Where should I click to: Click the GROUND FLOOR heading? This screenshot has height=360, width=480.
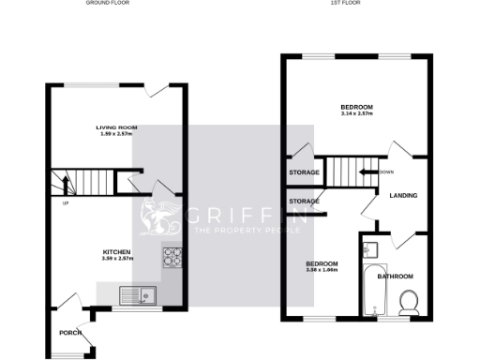[x=108, y=4]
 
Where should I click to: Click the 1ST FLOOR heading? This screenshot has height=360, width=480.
[x=345, y=4]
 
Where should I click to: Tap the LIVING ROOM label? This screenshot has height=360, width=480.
[x=117, y=127]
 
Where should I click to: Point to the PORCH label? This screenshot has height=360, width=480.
[x=70, y=333]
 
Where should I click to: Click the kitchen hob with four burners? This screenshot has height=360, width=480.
[x=172, y=255]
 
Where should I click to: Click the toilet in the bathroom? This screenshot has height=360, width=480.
[x=409, y=301]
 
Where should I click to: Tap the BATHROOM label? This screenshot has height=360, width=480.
[x=395, y=277]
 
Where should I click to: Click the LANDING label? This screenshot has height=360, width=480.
[x=403, y=195]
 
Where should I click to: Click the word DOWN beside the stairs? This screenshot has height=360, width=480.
[x=387, y=172]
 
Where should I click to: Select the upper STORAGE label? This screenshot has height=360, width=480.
[x=304, y=173]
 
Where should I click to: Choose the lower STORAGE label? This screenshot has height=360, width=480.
[x=304, y=202]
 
